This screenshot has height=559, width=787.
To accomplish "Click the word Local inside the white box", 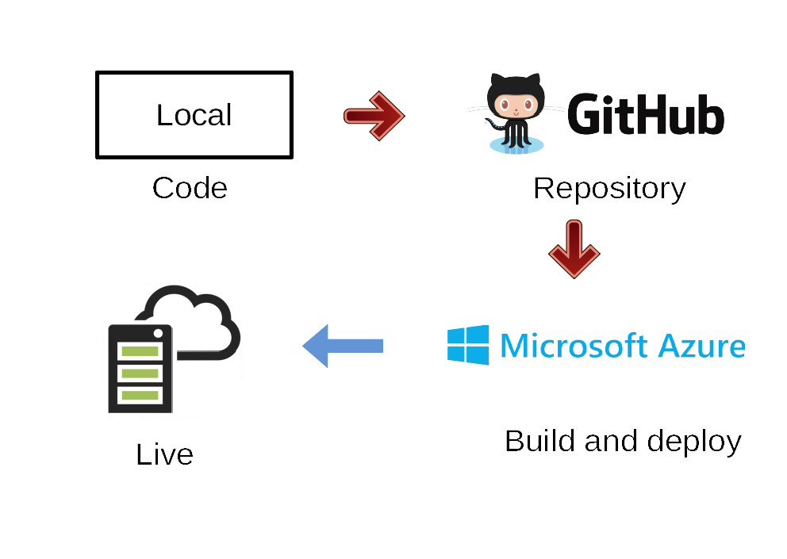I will [x=194, y=115].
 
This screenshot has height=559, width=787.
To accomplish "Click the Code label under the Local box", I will [x=190, y=189].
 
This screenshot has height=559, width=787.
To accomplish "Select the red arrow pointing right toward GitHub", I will [x=374, y=117].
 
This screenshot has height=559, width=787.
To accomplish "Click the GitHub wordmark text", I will [x=646, y=115].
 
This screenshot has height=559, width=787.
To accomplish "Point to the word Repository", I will [x=609, y=189].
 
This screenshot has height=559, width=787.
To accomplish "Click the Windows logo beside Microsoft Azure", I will [x=468, y=345].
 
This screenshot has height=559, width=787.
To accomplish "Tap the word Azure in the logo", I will [x=702, y=346].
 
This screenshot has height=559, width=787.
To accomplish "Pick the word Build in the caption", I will [x=539, y=441].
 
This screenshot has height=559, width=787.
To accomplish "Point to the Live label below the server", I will [x=165, y=454].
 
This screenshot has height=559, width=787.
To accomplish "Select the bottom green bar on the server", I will [x=140, y=394].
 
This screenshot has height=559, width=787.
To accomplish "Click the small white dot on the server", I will [x=158, y=332].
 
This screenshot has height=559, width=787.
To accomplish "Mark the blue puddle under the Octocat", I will [x=516, y=145].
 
